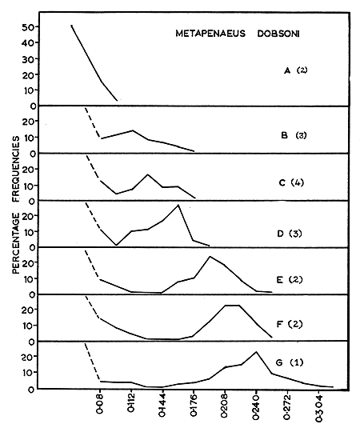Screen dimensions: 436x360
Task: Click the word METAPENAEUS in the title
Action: click(x=209, y=34)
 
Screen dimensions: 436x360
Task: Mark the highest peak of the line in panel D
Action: click(x=178, y=206)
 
